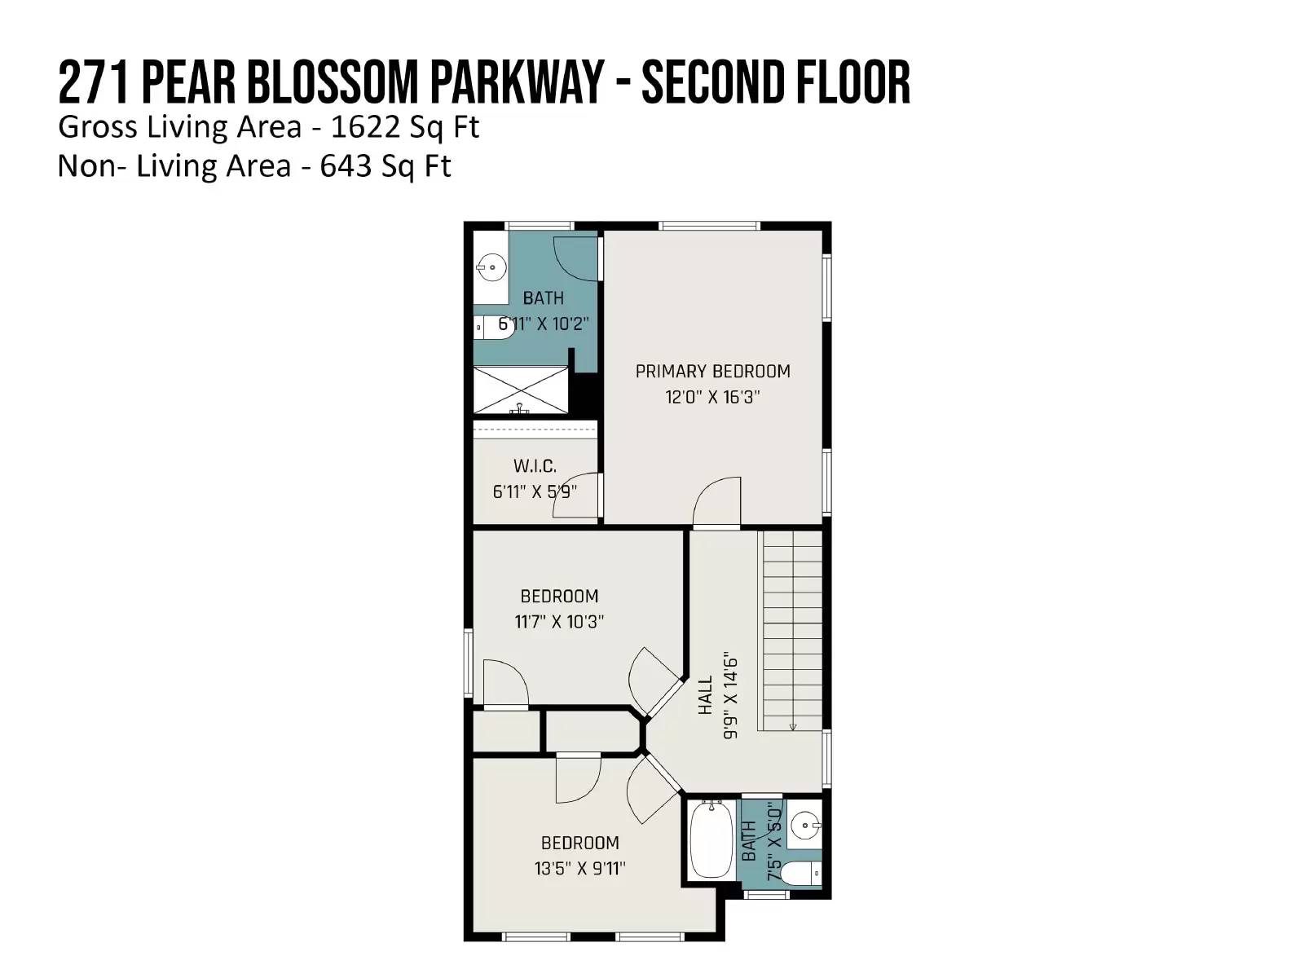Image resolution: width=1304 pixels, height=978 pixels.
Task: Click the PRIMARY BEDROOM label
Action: point(712,372)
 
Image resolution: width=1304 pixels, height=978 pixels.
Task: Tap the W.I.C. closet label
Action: point(535,466)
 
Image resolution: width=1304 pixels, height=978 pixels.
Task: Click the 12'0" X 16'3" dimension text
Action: point(712,397)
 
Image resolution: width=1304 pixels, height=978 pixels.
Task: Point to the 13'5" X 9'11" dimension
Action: point(579,869)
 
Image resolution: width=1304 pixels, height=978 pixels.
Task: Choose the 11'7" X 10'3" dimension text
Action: point(559,622)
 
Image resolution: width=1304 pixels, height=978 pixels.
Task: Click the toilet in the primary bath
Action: point(494,327)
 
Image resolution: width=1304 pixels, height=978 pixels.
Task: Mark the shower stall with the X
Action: point(521,390)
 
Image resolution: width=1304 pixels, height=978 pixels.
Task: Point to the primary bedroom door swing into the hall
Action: point(717,502)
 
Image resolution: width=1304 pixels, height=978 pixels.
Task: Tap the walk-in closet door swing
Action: point(575,495)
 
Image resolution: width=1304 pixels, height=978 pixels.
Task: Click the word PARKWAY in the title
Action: point(517,82)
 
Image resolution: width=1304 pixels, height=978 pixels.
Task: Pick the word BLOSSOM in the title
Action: point(333,82)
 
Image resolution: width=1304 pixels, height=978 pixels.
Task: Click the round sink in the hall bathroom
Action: point(805,825)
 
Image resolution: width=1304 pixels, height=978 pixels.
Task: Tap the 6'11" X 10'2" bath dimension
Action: point(543,324)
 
